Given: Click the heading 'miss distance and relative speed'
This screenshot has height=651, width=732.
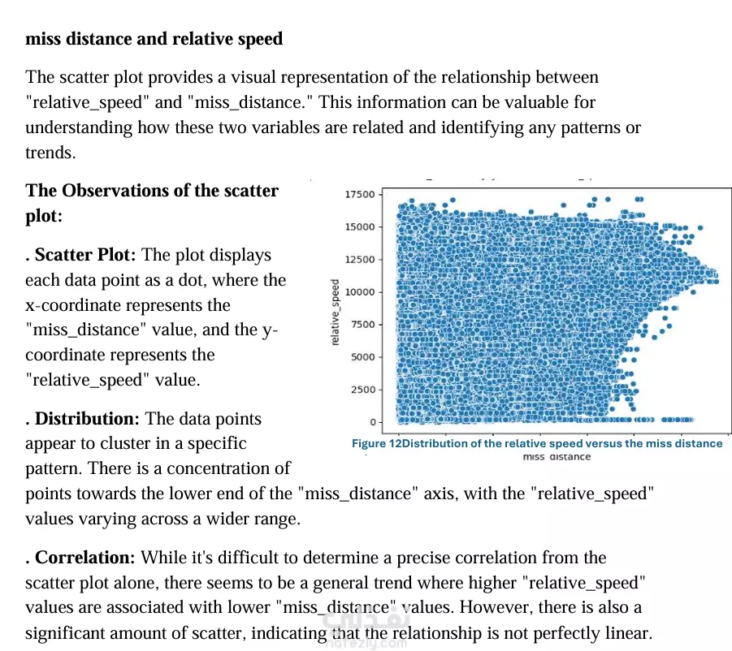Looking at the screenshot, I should [x=154, y=38].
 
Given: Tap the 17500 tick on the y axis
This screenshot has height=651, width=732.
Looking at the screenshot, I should [x=360, y=194].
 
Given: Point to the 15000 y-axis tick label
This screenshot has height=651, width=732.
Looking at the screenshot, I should [x=360, y=226].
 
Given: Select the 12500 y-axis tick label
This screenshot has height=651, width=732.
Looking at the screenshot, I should [x=360, y=259].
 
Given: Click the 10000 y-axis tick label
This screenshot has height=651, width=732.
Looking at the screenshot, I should [x=360, y=291].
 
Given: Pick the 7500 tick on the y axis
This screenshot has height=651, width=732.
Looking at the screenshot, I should [x=362, y=324].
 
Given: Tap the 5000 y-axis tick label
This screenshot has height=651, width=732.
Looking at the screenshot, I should [x=362, y=356].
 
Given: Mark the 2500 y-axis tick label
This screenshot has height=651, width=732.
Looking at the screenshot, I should [x=362, y=389].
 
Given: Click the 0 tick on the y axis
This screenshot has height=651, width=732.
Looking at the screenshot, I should [x=372, y=421].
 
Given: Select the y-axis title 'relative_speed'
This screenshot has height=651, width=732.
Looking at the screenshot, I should [x=336, y=313].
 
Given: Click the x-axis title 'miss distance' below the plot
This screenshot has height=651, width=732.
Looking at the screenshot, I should [x=557, y=457].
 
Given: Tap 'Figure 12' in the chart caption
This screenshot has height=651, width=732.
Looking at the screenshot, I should [x=375, y=443].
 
